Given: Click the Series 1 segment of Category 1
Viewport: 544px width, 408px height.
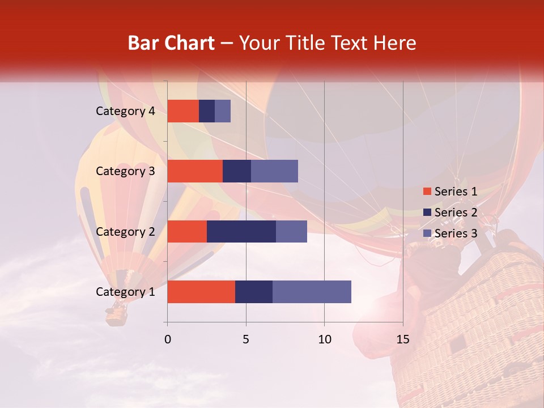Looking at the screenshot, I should click(201, 292).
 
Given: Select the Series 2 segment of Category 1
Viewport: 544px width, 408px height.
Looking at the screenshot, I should click(254, 292).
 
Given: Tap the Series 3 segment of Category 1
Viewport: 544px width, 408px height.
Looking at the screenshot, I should click(312, 292).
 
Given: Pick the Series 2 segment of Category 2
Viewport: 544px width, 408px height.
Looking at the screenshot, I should click(241, 231).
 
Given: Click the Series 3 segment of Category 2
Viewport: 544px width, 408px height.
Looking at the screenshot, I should click(291, 231).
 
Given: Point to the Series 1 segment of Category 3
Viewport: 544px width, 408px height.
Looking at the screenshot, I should click(195, 171).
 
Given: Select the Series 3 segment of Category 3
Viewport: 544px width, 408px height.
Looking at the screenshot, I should click(274, 171).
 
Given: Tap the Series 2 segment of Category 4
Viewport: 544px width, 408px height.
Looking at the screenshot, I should click(207, 111).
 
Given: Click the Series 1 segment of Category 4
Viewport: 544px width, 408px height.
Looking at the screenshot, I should click(183, 111).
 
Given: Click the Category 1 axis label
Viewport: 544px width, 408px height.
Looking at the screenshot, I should click(125, 292).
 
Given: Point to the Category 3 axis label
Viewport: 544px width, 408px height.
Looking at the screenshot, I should click(125, 171).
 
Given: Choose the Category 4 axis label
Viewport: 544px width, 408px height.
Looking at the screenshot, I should click(125, 111).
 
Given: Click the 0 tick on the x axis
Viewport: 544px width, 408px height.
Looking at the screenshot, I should click(167, 339).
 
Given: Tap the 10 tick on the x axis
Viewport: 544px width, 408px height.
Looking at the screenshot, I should click(324, 339).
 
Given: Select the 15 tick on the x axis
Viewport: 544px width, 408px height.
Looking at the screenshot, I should click(402, 339).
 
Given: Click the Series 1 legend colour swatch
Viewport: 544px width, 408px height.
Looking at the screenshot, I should click(427, 192).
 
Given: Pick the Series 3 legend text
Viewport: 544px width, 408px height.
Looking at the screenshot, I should click(456, 233).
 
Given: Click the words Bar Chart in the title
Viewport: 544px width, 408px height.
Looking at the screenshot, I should click(171, 43).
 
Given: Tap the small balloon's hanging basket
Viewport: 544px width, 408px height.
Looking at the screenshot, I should click(117, 314).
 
